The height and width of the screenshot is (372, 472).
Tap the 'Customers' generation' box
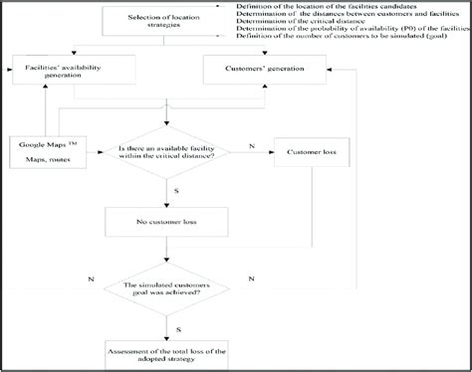pyautogui.click(x=263, y=69)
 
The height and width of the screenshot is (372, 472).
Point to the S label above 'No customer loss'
pyautogui.click(x=176, y=189)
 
